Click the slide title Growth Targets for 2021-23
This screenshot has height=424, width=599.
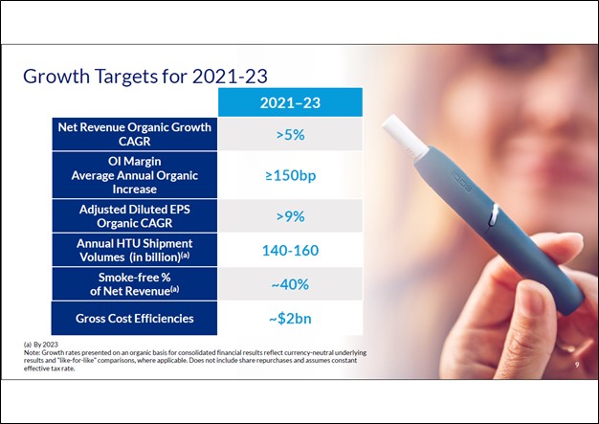144,75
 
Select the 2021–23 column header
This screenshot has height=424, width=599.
290,102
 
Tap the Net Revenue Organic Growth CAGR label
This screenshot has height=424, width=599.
134,134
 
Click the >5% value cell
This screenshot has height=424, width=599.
290,135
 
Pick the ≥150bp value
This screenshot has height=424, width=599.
290,176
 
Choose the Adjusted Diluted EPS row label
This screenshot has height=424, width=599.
134,215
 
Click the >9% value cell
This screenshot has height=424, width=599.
290,216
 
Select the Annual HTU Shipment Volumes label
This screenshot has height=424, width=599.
134,250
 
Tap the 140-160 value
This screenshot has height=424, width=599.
290,251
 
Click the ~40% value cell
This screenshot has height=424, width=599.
290,284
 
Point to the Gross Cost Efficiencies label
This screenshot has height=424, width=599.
134,317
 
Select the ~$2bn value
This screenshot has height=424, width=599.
290,317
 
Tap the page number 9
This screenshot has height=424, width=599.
577,365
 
